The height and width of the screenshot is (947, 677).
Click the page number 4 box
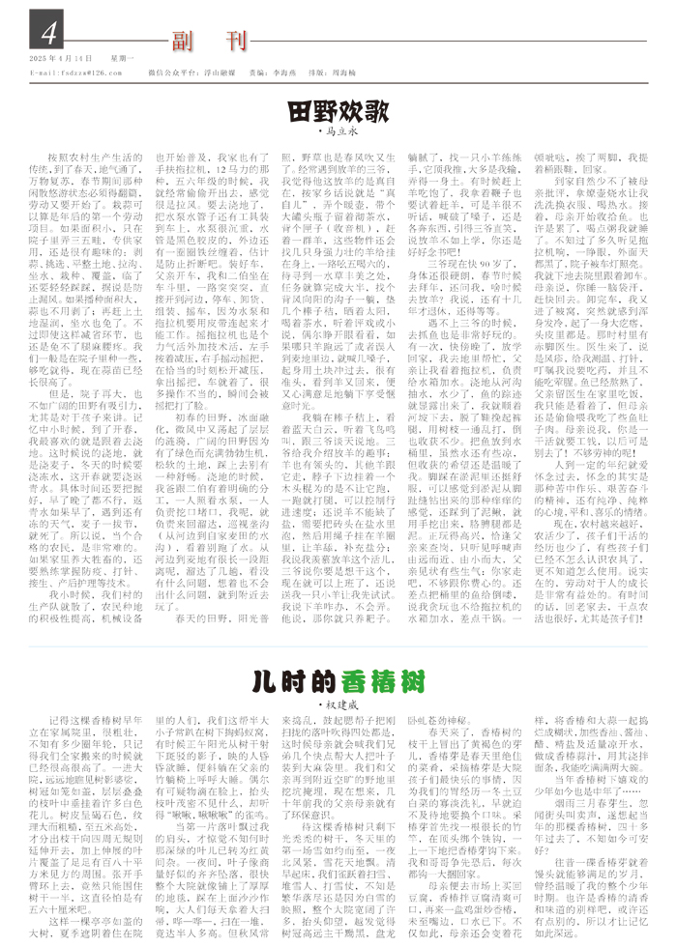coord(44,34)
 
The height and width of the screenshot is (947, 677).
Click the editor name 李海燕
coord(283,72)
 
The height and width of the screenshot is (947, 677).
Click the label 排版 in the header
coord(315,72)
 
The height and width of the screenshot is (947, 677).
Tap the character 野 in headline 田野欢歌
coord(328,108)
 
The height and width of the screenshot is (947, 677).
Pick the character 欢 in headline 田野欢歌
coord(354,108)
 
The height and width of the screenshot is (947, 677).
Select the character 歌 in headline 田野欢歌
coord(380,108)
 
